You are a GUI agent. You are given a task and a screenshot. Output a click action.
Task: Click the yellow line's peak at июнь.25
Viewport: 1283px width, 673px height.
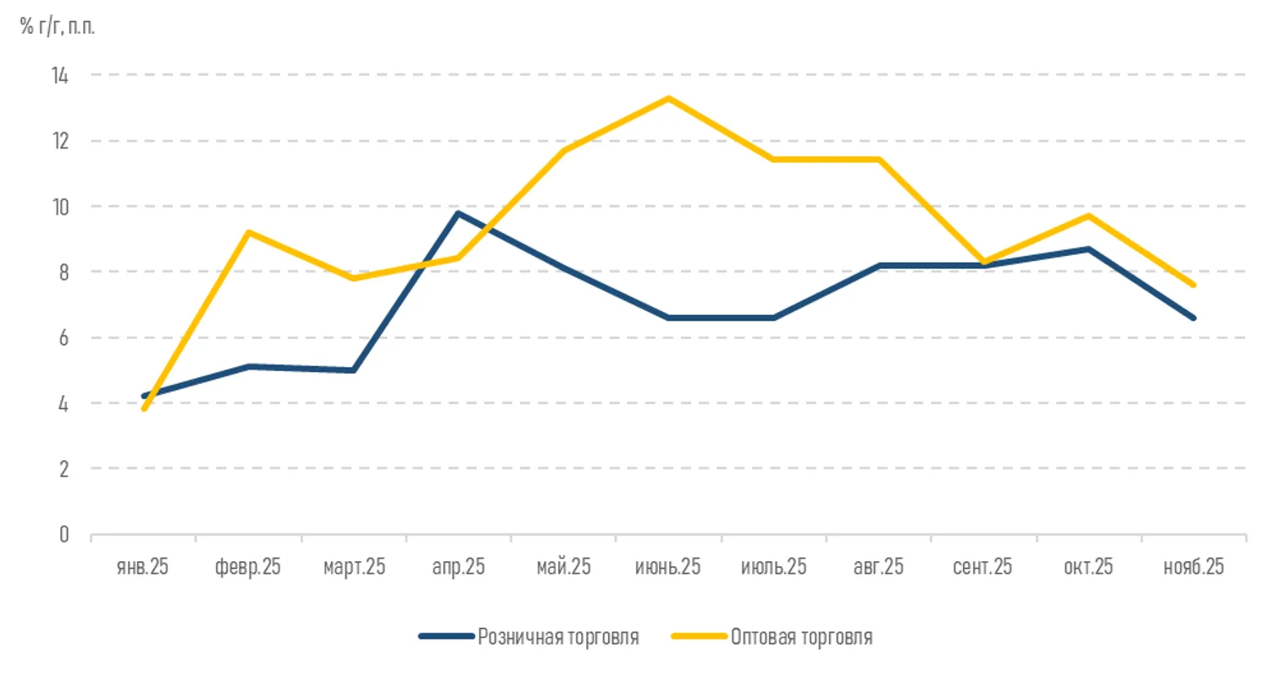coord(668,98)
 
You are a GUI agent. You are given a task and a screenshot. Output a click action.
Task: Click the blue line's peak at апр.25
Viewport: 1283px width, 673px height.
coord(458,213)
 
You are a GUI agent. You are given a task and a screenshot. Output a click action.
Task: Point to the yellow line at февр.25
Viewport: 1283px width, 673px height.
coord(248,231)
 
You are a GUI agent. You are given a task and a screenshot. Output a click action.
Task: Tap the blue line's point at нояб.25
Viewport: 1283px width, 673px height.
coord(1193,318)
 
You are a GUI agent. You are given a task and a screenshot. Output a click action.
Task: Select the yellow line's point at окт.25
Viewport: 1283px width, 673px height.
coord(1088,215)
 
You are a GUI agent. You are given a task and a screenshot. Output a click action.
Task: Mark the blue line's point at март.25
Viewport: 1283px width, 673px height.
coord(353,370)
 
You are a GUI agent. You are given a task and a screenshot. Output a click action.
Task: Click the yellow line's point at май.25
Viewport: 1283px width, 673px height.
coord(563,151)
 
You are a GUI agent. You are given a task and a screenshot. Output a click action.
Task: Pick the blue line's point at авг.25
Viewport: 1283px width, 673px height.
coord(878,265)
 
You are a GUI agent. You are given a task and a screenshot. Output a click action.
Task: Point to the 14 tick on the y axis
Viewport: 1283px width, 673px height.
coord(60,75)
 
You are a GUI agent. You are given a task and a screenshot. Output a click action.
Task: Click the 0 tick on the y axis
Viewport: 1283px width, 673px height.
coord(64,535)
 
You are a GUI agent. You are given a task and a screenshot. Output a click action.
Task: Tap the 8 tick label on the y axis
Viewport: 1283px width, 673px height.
coord(64,272)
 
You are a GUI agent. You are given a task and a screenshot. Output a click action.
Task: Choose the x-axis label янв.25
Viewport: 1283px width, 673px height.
coord(142,567)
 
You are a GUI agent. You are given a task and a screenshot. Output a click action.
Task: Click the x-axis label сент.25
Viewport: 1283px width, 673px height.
coord(982,567)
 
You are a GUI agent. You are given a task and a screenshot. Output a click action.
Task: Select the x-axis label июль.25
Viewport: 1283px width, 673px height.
coord(773,567)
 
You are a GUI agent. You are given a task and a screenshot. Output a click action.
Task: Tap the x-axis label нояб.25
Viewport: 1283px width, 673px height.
coord(1193,567)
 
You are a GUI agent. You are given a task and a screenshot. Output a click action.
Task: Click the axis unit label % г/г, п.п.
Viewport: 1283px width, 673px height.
coord(58,26)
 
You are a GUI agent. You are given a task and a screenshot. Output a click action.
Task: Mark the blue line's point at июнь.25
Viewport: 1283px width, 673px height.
coord(668,318)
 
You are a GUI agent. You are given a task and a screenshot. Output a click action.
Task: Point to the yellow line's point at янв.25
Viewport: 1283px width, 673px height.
coord(144,409)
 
